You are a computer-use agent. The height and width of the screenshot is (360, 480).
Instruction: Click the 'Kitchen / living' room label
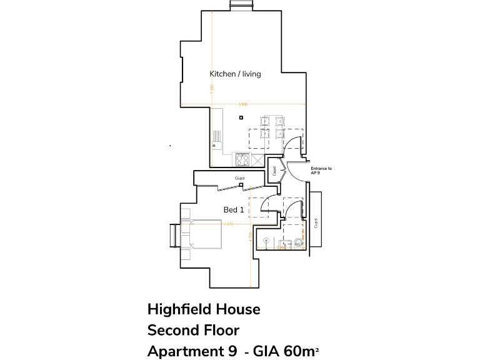[x=235, y=74]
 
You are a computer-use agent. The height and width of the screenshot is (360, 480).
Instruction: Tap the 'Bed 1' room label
[x=234, y=210]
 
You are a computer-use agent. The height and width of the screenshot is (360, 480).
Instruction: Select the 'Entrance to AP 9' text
[x=321, y=171]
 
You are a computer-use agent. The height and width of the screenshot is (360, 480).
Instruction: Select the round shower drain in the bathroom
[x=267, y=240]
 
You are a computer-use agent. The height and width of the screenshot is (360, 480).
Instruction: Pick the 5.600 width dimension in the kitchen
[x=243, y=104]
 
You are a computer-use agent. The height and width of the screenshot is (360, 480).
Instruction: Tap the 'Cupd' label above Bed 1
[x=239, y=179]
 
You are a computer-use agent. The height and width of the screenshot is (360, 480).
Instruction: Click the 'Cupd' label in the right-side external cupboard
[x=316, y=222]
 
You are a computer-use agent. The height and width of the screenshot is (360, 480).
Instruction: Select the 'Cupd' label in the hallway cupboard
[x=274, y=171]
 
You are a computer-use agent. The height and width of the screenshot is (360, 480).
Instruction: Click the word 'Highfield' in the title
[x=177, y=309]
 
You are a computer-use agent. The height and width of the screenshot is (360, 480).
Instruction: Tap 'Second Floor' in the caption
[x=193, y=330]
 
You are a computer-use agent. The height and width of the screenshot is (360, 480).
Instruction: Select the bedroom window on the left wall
[x=172, y=237]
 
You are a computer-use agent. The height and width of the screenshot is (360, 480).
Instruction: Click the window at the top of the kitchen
[x=241, y=6]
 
